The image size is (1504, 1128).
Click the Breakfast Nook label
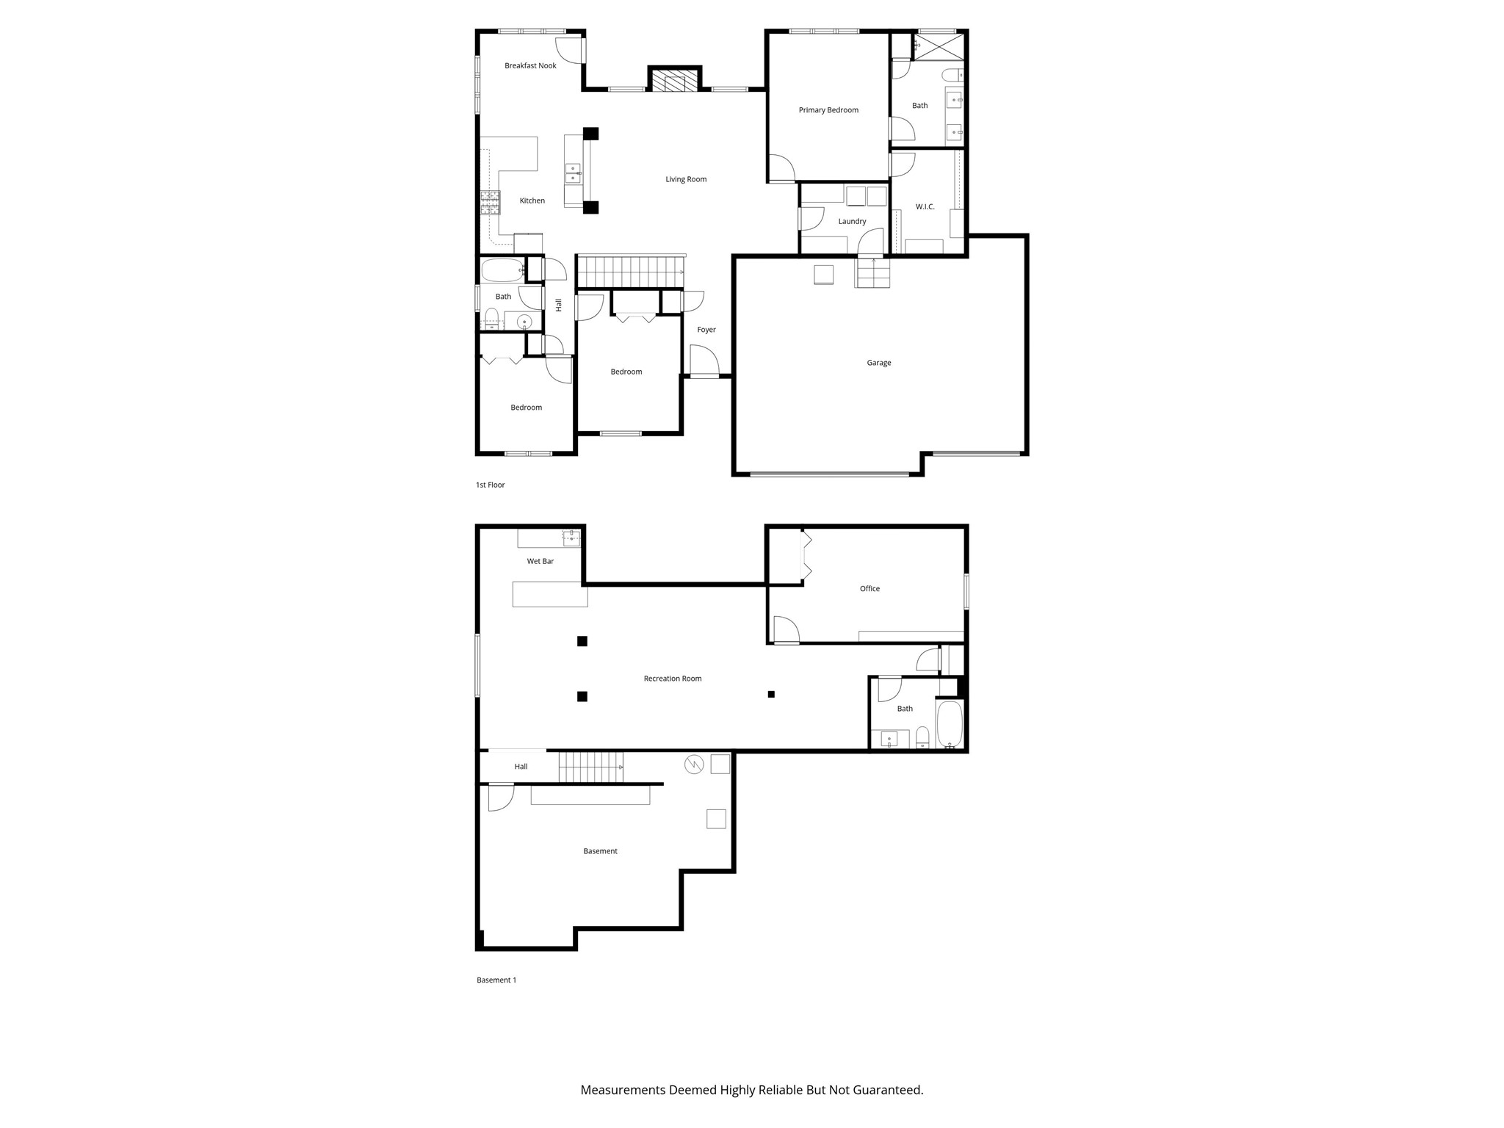(530, 66)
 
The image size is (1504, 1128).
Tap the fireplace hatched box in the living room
(674, 81)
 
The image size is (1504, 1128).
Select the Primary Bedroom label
(828, 110)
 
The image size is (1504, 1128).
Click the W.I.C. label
(925, 207)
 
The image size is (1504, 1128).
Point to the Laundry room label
(852, 222)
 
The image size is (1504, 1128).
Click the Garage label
(878, 363)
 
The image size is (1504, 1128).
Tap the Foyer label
(706, 330)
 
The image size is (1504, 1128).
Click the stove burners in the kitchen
(490, 203)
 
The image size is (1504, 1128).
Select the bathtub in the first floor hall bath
(502, 270)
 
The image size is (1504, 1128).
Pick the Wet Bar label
(540, 562)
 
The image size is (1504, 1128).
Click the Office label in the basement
(869, 589)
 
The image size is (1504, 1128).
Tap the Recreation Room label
(672, 679)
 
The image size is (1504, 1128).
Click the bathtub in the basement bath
(949, 724)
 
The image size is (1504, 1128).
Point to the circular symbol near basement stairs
(694, 765)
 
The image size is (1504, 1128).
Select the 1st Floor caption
(490, 485)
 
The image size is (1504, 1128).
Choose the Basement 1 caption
(496, 980)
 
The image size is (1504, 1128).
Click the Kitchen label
(532, 201)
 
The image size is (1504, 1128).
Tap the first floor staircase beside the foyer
(630, 272)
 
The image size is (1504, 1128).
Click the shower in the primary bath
(939, 46)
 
